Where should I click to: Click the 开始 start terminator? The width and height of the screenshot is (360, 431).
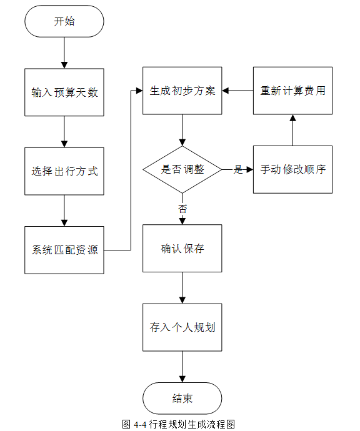(64, 21)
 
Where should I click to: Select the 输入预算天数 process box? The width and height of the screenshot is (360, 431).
(64, 92)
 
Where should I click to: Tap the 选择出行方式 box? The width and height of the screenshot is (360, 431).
(64, 171)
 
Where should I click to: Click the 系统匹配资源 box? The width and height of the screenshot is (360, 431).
(64, 250)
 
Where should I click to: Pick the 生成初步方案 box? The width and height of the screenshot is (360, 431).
(182, 91)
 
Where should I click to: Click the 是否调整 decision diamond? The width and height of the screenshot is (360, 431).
(182, 170)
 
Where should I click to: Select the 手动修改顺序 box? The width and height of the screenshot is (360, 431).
(292, 170)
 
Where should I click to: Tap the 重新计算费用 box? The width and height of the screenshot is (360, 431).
(292, 91)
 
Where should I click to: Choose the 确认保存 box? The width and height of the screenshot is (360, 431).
(182, 249)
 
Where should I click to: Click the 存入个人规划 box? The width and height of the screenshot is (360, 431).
(182, 327)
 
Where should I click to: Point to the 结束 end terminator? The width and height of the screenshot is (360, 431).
(182, 399)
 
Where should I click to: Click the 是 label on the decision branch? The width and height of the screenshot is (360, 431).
(238, 169)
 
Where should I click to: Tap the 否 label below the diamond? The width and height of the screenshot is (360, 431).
(182, 209)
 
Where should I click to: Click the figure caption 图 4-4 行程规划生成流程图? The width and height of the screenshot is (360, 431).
(179, 424)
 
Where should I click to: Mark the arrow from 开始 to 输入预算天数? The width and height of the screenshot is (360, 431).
(64, 52)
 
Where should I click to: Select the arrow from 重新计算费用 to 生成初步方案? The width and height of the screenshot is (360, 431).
(237, 91)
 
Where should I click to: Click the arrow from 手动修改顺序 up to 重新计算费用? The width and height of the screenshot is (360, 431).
(293, 131)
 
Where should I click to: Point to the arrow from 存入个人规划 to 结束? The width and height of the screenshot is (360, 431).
(182, 367)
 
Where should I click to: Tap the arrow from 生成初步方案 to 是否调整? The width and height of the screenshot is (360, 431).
(182, 131)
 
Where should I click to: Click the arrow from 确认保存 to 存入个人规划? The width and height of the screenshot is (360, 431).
(182, 288)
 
